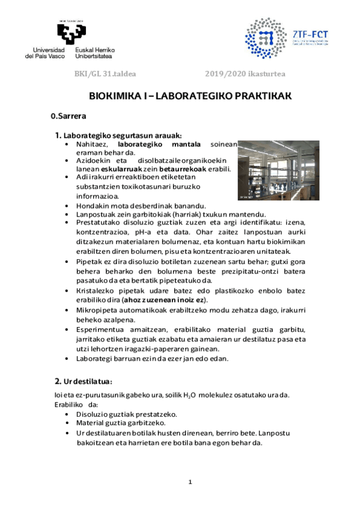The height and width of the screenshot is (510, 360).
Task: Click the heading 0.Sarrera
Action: tap(69, 115)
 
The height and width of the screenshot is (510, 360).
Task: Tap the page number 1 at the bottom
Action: tap(190, 482)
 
